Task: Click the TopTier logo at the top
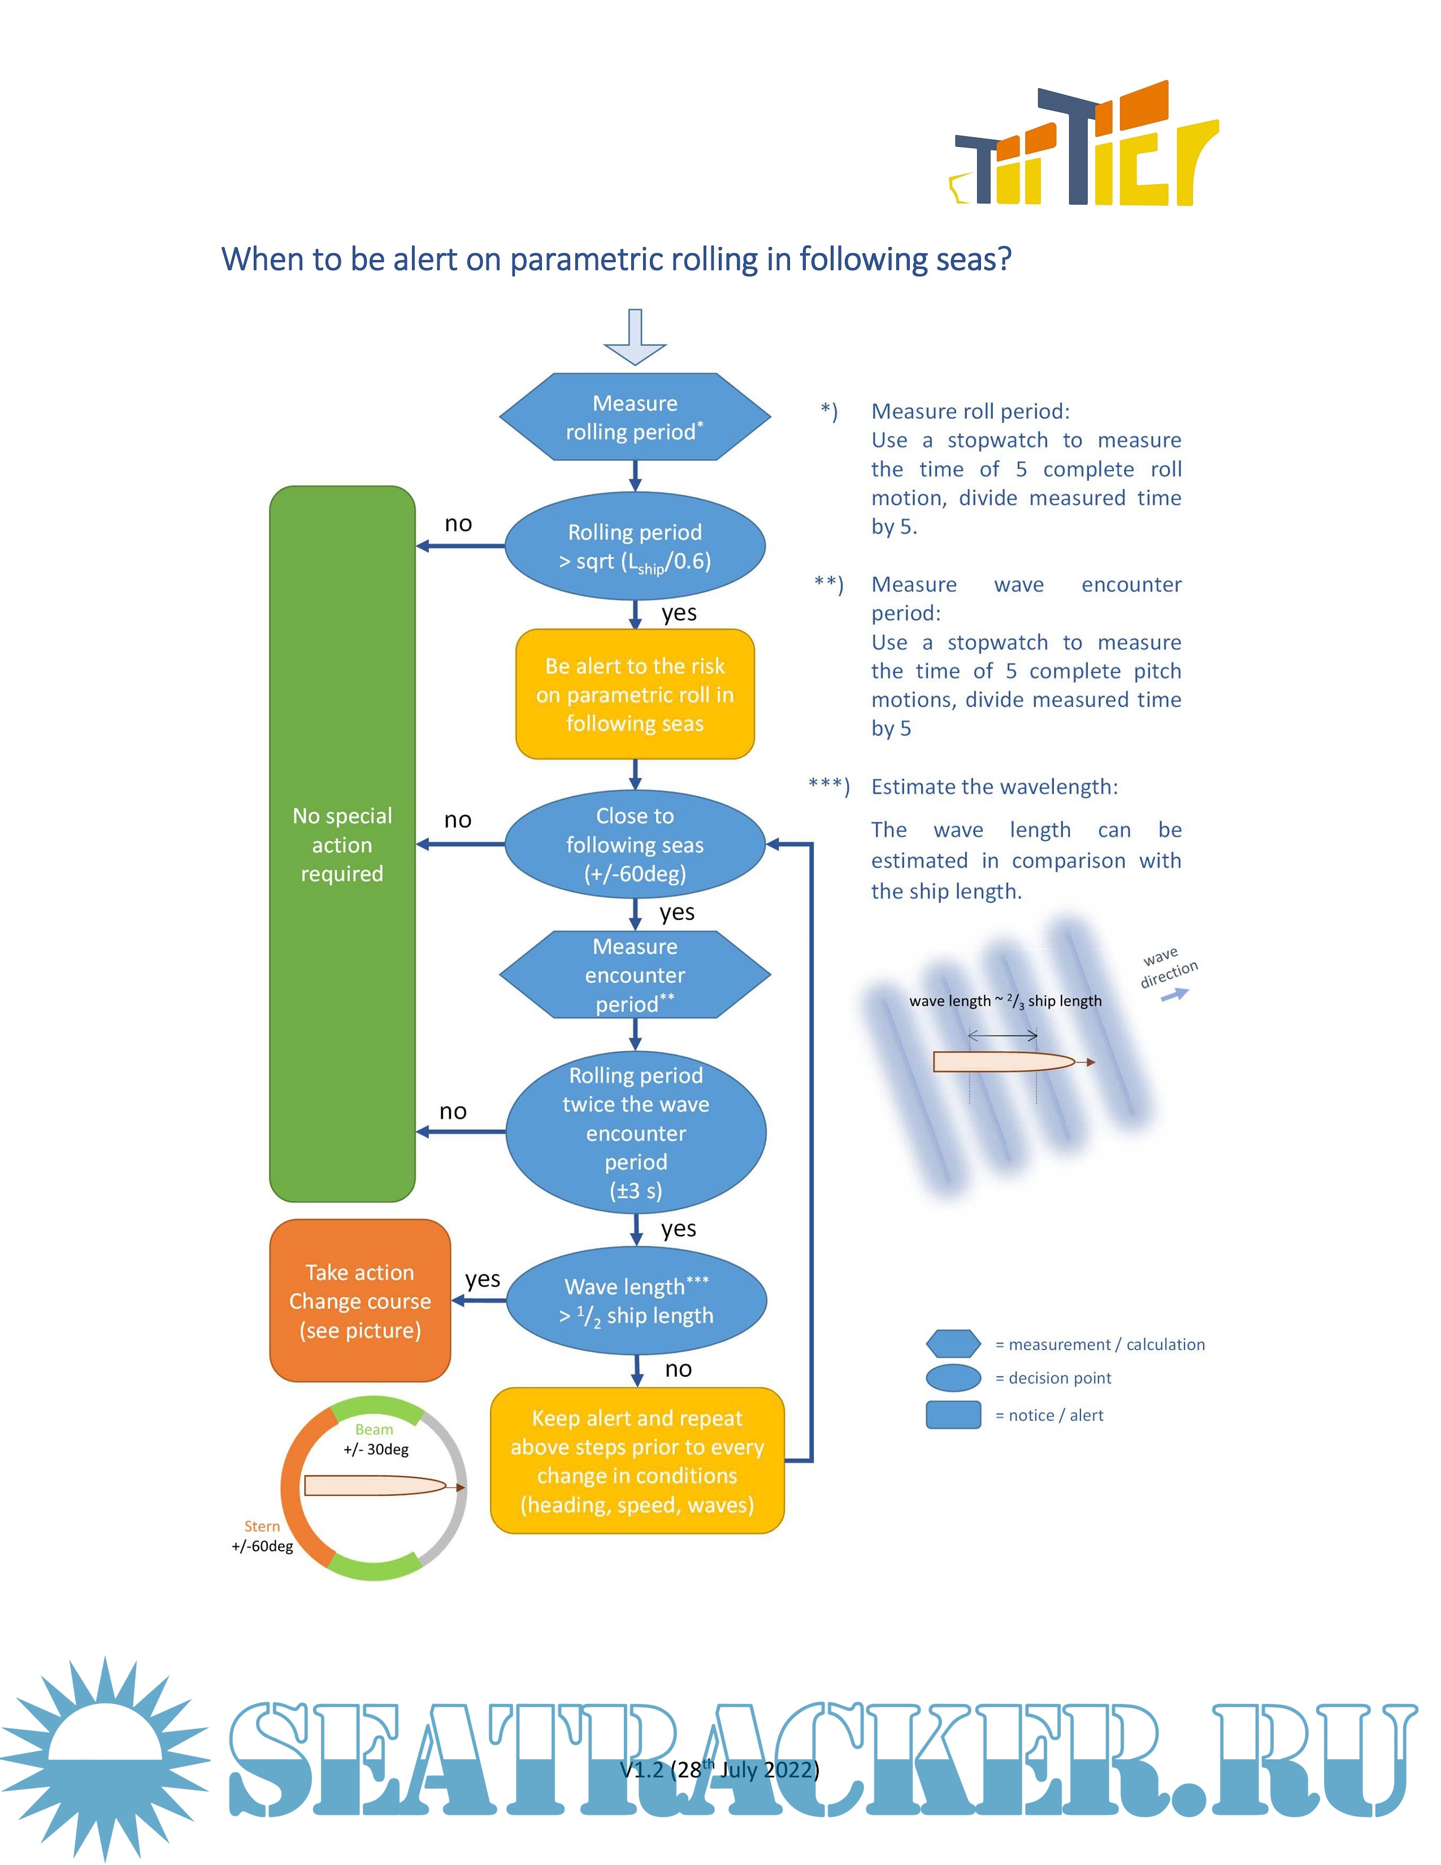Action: [x=1084, y=145]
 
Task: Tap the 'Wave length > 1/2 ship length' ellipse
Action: [x=636, y=1300]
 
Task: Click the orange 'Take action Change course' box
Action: [x=359, y=1300]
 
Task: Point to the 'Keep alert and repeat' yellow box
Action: [x=637, y=1460]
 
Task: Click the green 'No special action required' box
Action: [x=342, y=844]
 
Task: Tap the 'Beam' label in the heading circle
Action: [x=374, y=1429]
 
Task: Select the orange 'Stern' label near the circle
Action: [x=262, y=1526]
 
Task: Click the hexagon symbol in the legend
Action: [x=953, y=1343]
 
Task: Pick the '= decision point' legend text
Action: [x=1053, y=1377]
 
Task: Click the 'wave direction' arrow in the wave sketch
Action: [x=1175, y=994]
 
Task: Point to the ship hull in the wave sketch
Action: [x=1003, y=1061]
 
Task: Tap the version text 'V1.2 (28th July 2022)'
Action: [x=719, y=1770]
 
